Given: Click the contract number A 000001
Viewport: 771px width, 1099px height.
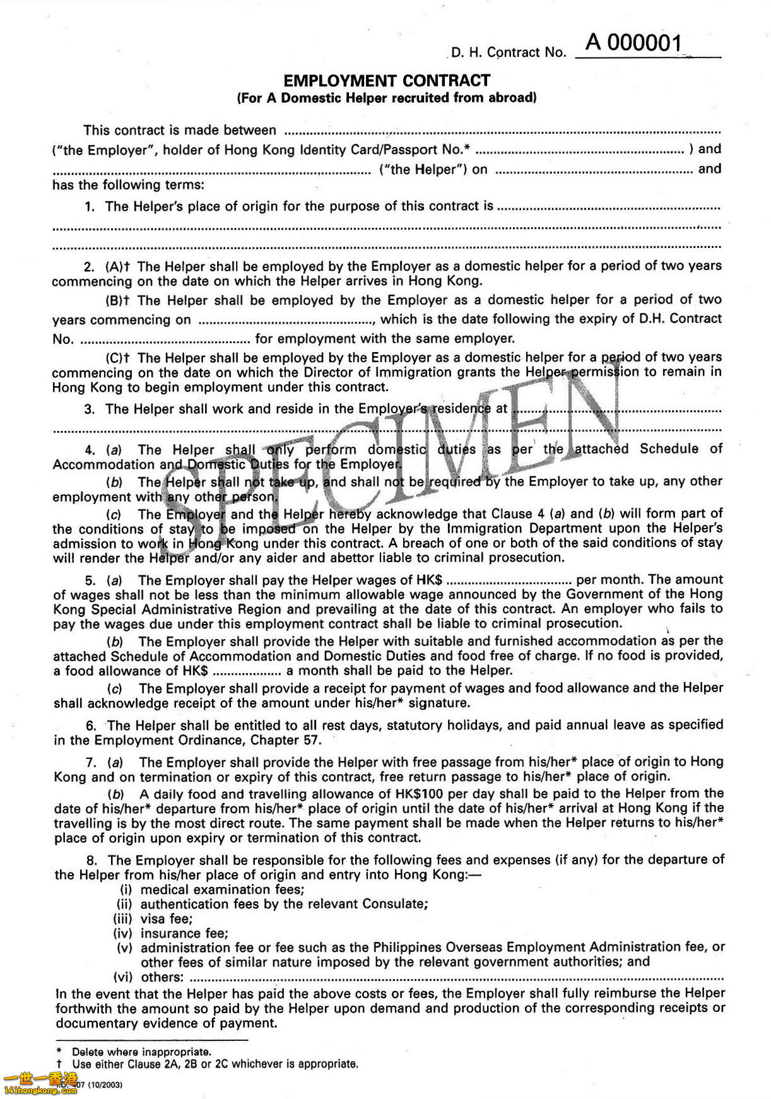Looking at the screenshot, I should click(x=633, y=43).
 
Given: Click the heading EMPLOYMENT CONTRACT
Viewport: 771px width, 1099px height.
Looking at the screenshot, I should click(x=386, y=81).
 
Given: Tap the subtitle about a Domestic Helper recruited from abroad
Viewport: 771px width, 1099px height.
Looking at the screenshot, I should click(x=386, y=98).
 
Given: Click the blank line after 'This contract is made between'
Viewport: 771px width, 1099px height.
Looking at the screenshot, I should click(x=502, y=132).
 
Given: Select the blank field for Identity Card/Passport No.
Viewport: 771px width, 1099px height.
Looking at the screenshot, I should click(x=579, y=151).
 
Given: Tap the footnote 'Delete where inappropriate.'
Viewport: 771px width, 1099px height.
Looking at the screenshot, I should click(x=141, y=1052).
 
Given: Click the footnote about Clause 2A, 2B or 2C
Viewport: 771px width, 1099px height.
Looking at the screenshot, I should click(x=215, y=1064).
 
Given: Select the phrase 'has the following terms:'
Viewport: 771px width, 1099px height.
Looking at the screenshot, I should click(x=128, y=185).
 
